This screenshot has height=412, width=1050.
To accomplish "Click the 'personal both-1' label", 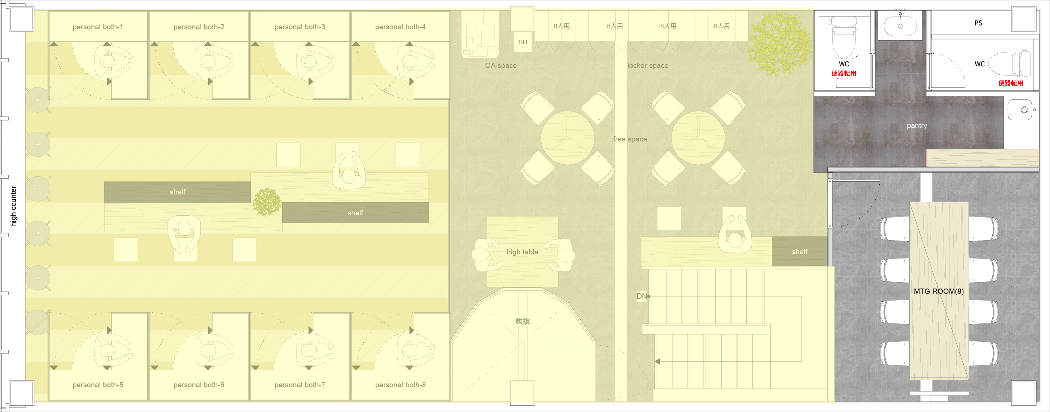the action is [x=98, y=27].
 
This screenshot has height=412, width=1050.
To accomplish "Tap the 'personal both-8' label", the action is [x=400, y=385].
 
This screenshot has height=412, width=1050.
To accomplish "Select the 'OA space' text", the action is [x=500, y=65].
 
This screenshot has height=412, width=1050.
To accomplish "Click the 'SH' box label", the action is [x=523, y=42].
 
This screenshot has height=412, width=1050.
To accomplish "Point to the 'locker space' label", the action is [x=648, y=65].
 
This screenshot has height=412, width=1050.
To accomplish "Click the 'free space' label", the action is [x=630, y=139].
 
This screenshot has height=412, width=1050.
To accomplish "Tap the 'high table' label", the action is [x=522, y=252].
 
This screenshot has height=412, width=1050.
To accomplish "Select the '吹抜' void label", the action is [x=522, y=321].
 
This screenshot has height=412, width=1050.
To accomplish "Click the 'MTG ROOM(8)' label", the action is [x=939, y=291].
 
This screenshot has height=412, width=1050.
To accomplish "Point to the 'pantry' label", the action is [x=917, y=126].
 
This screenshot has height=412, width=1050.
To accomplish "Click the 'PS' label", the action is [x=978, y=23].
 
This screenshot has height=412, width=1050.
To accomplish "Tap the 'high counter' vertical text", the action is [x=13, y=206].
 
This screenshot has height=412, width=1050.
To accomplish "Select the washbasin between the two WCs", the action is [x=900, y=25].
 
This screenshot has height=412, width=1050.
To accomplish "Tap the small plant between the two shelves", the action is [x=267, y=202].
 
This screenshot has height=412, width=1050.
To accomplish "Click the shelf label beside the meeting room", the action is [x=799, y=252].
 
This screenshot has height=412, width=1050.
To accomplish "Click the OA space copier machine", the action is [x=480, y=34].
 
